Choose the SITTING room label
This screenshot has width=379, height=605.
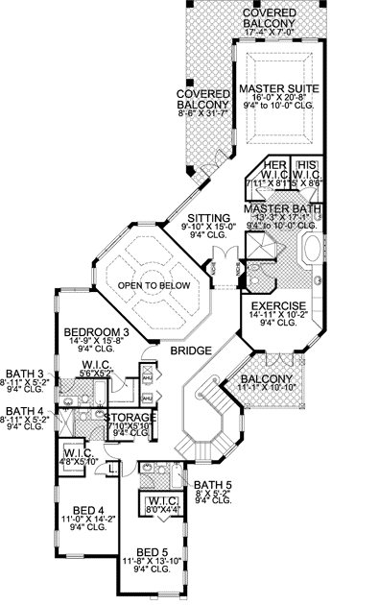coord(208,218)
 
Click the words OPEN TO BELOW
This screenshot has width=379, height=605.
coord(151,285)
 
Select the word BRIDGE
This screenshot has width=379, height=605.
coord(191,352)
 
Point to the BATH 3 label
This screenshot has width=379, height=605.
coord(22,374)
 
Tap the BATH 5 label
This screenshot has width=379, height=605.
coord(209,484)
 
